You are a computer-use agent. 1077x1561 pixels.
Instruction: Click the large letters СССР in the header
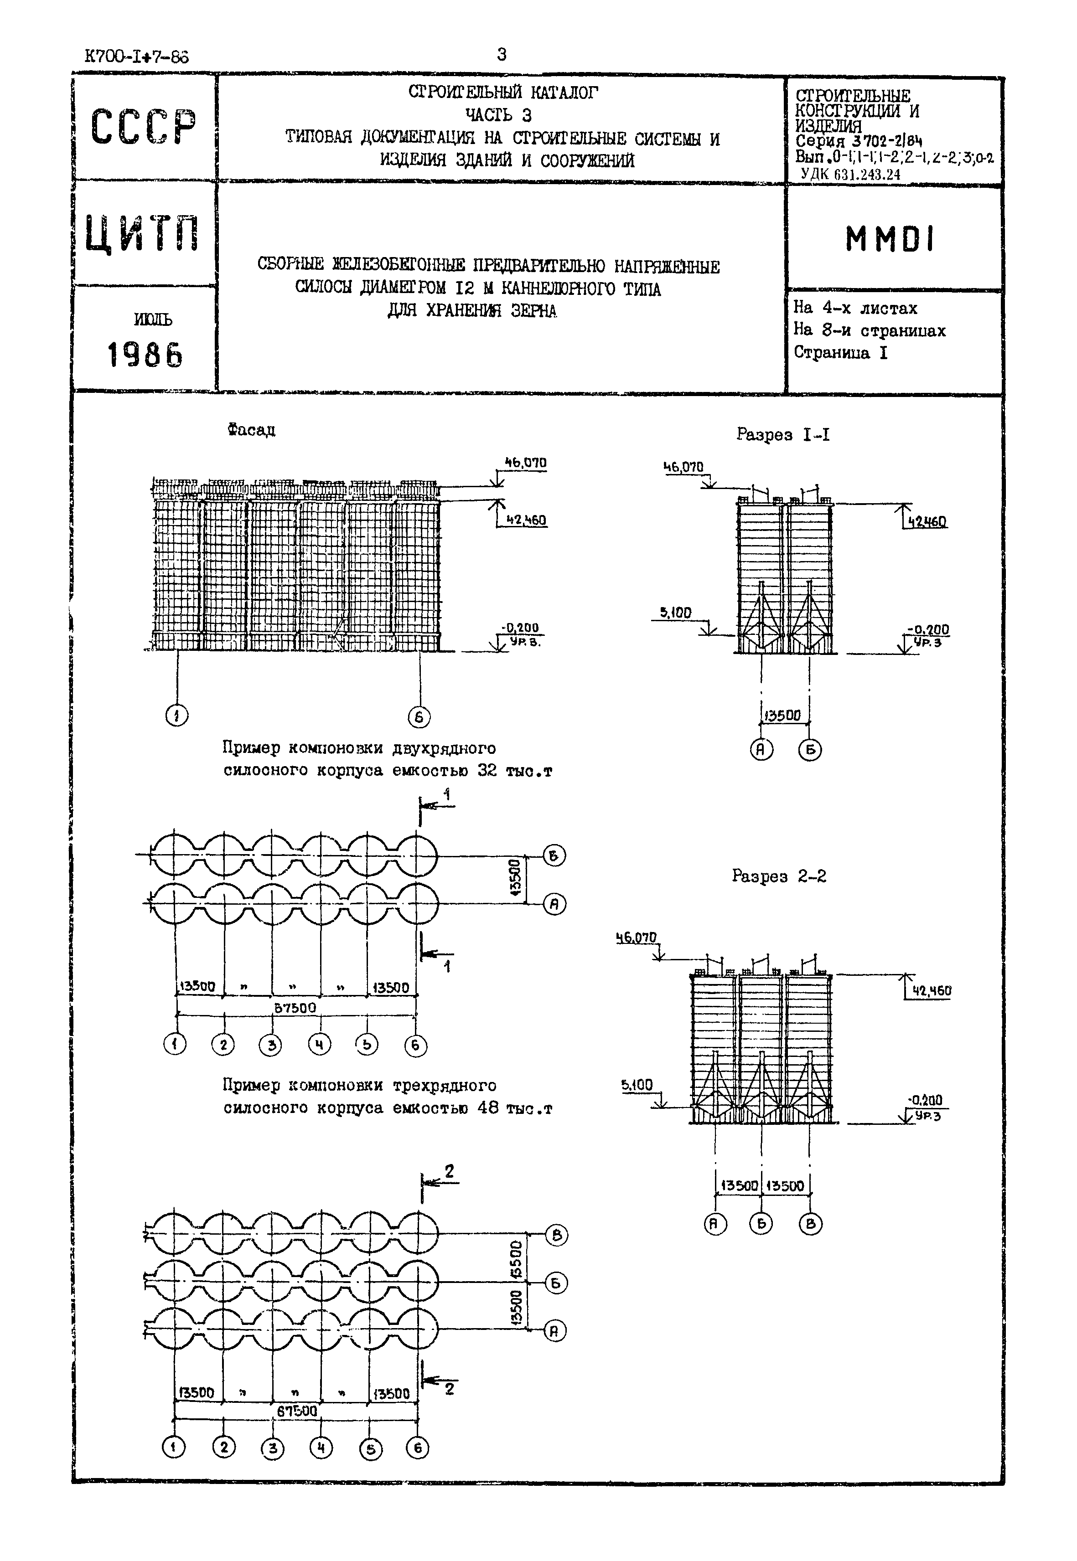click(x=144, y=127)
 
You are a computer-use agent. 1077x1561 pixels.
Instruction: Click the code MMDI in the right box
click(x=890, y=239)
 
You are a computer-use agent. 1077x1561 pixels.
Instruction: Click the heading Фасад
click(x=251, y=430)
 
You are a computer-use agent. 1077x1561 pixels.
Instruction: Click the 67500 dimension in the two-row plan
click(x=295, y=1008)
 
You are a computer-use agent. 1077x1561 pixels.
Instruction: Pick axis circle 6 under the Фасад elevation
click(x=419, y=716)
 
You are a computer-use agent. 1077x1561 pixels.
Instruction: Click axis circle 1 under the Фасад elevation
click(x=177, y=716)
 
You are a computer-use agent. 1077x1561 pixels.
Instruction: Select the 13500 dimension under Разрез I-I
click(x=783, y=716)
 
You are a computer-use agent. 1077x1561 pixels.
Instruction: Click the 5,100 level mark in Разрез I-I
click(x=675, y=613)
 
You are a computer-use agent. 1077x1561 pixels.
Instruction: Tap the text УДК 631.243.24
click(x=850, y=174)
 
